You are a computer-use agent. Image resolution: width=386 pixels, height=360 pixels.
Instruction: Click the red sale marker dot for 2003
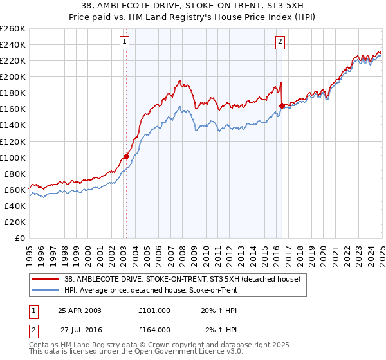click(x=126, y=156)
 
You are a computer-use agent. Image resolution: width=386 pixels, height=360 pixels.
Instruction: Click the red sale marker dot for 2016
click(x=282, y=105)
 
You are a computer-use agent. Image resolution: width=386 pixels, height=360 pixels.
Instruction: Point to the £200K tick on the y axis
click(x=13, y=76)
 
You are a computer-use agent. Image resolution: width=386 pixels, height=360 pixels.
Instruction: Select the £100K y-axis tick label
click(x=13, y=157)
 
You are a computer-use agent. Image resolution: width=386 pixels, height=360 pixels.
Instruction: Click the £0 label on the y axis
click(x=19, y=238)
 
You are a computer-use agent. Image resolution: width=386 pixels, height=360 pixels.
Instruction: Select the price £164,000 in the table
click(x=154, y=329)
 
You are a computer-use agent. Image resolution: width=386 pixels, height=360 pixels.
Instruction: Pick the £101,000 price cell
click(x=154, y=310)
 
